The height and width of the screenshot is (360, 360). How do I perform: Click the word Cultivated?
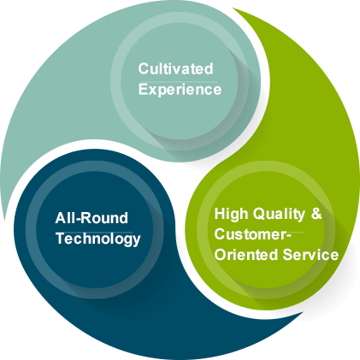tap(175, 68)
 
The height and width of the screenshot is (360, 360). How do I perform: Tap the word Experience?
tap(180, 90)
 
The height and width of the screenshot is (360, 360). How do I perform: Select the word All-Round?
tap(91, 218)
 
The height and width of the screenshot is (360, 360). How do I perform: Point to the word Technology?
tap(98, 239)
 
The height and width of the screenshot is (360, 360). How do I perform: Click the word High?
tap(231, 214)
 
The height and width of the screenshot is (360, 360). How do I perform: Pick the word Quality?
tap(279, 215)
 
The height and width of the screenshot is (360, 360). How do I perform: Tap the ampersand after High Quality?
tap(316, 214)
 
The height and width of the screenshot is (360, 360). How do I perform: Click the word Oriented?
tap(246, 255)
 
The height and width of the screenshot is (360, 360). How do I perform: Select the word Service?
tap(310, 255)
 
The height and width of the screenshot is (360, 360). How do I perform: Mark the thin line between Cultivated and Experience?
tap(178, 82)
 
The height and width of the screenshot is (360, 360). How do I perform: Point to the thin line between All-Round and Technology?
tap(94, 232)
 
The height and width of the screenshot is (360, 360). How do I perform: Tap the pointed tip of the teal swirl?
tap(4, 220)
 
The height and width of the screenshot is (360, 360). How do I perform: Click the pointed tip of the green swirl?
tap(233, 8)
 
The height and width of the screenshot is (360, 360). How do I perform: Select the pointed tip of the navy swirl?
tap(303, 313)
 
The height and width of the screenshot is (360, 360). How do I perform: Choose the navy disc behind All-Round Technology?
tap(95, 230)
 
